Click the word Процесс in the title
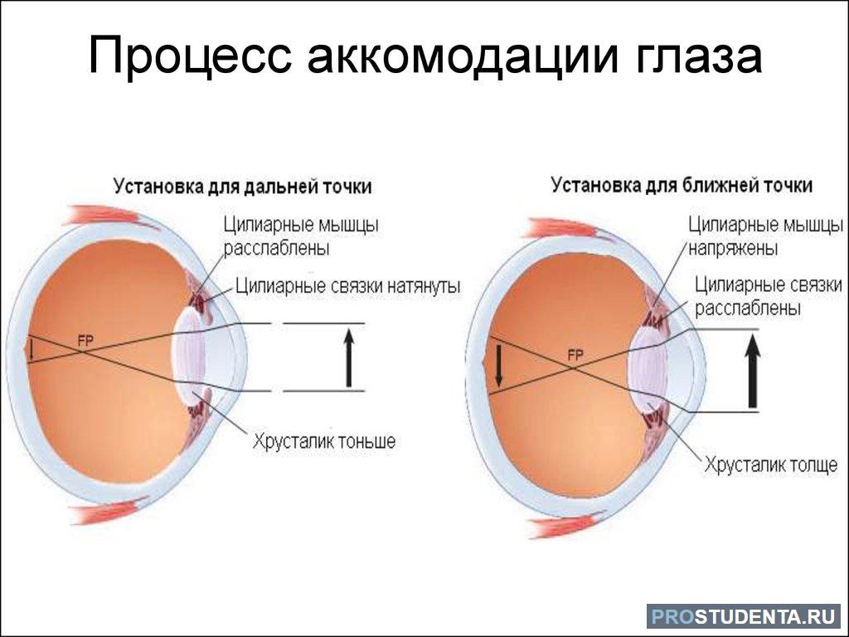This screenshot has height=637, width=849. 190,56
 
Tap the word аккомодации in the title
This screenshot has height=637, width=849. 463,56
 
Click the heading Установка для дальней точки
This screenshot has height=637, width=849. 243,187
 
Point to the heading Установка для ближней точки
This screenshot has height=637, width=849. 682,185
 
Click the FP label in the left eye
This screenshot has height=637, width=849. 85,341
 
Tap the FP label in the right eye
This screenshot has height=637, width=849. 575,355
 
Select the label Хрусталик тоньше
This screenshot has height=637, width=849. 324,441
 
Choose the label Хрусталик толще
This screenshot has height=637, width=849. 770,464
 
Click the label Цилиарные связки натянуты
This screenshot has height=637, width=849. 348,285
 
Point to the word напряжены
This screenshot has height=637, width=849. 733,249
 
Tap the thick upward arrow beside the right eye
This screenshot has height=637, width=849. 752,371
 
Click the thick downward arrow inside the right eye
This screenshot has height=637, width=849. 498,367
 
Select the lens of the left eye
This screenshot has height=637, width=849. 188,353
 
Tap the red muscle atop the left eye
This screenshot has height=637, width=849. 103,216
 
